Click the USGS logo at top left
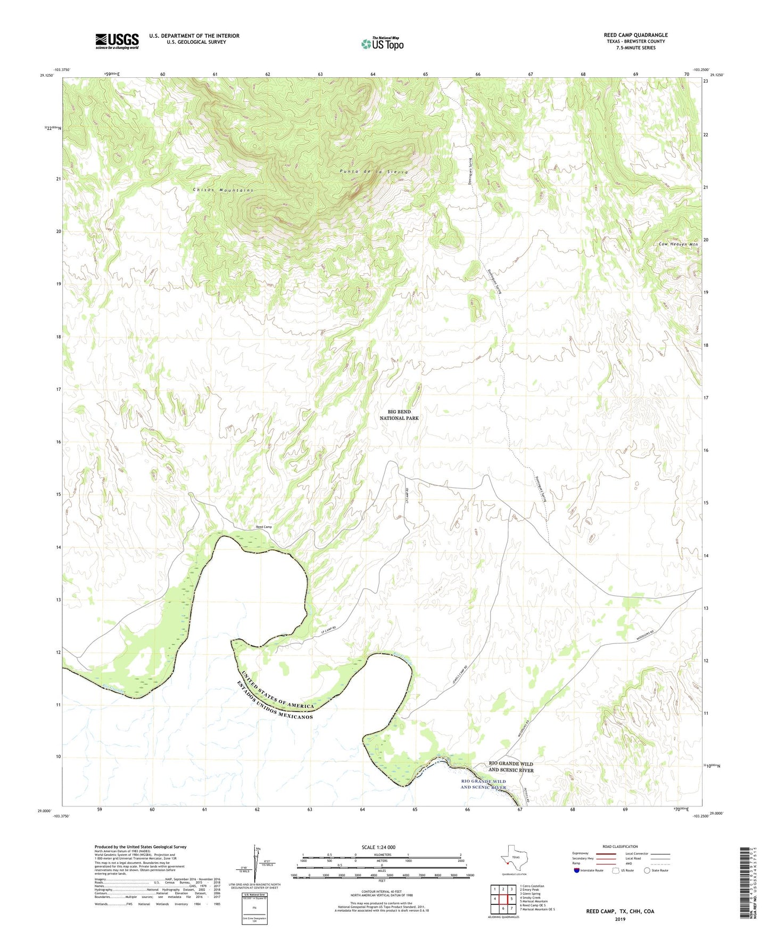tap(117, 41)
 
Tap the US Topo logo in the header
tap(382, 44)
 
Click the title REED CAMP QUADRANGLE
tap(635, 35)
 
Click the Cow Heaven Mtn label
tap(678, 244)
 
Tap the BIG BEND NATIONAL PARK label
tap(399, 415)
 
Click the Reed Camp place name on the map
tap(263, 527)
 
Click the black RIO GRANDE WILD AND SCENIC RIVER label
tap(510, 766)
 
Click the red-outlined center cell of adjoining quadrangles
tap(503, 899)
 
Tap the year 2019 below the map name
tap(620, 919)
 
